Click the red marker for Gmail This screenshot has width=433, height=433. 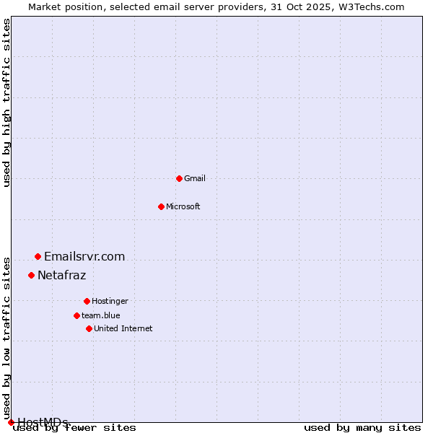(x=179, y=178)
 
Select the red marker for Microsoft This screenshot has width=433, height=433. (x=161, y=206)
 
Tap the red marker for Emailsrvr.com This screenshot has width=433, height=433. (x=38, y=256)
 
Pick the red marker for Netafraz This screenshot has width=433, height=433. (x=31, y=275)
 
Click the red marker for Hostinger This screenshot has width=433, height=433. (x=87, y=301)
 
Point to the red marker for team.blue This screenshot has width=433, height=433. (x=76, y=315)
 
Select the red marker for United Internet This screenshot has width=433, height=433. (x=89, y=328)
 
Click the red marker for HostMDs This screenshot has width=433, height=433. (x=11, y=422)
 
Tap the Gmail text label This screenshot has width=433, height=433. (x=195, y=178)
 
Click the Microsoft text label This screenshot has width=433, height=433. (x=183, y=206)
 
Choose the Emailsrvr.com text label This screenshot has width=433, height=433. (x=84, y=256)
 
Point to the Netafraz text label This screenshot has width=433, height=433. (x=62, y=275)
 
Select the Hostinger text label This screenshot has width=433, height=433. (x=110, y=301)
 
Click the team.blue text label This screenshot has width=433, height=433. (x=101, y=315)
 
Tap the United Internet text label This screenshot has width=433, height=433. (x=123, y=328)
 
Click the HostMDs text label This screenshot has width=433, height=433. (x=43, y=422)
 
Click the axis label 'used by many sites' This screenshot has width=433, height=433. (x=362, y=428)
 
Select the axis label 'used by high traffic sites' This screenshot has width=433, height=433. (x=7, y=103)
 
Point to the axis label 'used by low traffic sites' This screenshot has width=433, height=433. (x=7, y=338)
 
